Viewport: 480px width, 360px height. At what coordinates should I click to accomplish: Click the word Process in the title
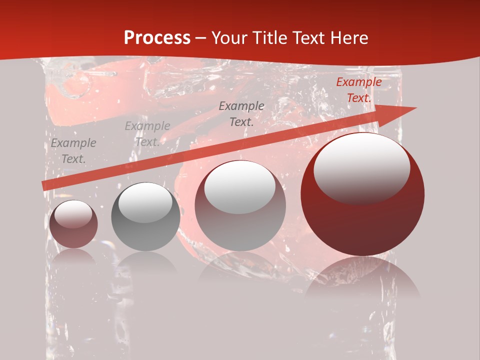pos(157,38)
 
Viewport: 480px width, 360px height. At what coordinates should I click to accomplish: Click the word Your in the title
pos(228,38)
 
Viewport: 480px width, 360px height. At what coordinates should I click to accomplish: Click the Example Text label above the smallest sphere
pos(73,151)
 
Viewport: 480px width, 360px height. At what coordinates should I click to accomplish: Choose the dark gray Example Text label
pos(241,113)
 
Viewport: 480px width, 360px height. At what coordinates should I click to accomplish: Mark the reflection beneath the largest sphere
pos(362,280)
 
